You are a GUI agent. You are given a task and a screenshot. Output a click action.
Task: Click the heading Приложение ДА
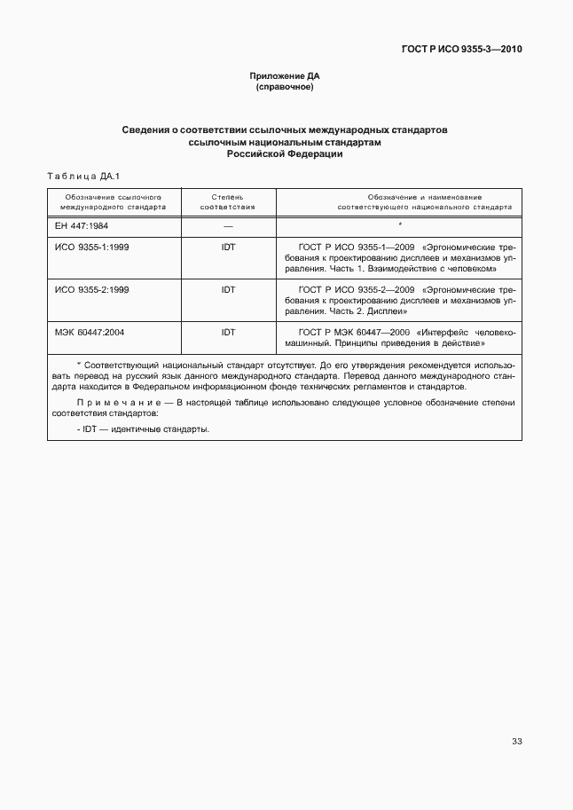285,77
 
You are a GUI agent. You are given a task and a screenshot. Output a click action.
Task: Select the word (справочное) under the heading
285,88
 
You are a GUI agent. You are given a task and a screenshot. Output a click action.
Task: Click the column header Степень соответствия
228,201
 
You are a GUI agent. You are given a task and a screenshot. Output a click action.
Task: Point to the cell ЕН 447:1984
82,226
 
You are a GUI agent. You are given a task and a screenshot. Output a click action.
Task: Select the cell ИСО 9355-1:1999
92,247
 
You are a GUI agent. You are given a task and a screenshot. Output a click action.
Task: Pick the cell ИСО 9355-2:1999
92,290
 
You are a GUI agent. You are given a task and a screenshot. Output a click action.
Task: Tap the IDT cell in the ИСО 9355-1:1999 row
228,247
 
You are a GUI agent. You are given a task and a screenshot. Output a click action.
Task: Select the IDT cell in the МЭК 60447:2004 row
228,332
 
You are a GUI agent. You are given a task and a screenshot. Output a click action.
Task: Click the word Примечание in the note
107,403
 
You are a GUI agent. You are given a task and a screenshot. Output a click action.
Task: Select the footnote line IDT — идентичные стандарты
144,429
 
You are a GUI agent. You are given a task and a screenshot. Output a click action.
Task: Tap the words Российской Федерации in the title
285,153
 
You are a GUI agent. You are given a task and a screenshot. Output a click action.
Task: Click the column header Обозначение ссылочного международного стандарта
114,201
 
